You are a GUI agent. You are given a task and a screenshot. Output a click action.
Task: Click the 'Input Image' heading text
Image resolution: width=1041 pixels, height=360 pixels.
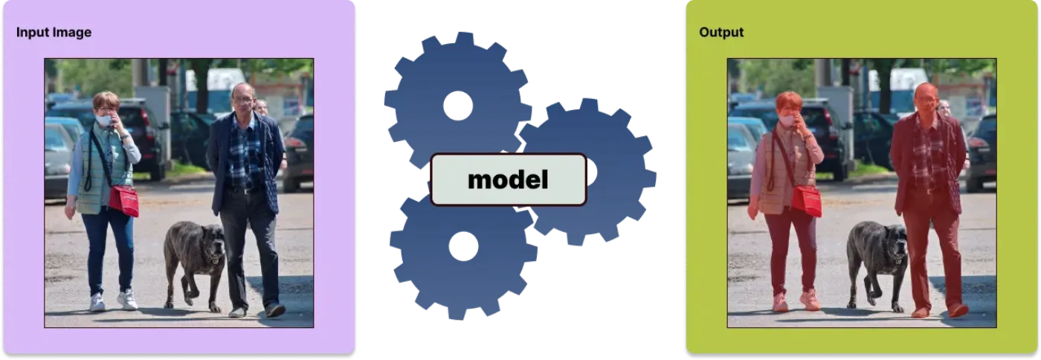coord(54,32)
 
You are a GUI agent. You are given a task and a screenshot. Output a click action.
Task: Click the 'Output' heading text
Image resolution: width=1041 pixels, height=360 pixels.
coord(721,32)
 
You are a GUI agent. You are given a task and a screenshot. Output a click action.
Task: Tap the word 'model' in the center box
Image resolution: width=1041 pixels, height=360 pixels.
coord(508,179)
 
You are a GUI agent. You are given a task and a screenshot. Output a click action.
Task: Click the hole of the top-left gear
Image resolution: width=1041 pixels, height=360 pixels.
coord(458,106)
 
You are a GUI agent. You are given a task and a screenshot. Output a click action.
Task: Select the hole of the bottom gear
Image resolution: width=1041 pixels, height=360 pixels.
coord(463,246)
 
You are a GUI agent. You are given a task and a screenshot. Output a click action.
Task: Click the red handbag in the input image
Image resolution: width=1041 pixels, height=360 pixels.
coord(123,200)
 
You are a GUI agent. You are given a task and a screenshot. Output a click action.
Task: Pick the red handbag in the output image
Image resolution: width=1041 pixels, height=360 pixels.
coord(807,200)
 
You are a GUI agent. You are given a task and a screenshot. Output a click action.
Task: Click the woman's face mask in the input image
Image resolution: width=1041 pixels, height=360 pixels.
coord(103,120)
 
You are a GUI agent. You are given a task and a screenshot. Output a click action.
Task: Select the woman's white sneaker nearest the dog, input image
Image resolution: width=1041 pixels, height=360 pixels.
coord(127,300)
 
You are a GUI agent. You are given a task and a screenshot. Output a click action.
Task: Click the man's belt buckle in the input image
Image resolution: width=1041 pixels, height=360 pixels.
coord(244,190)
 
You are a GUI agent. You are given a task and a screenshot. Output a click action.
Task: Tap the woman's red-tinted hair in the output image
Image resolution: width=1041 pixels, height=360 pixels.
coord(789,100)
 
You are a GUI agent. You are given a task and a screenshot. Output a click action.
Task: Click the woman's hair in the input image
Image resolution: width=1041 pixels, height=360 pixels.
coord(106,100)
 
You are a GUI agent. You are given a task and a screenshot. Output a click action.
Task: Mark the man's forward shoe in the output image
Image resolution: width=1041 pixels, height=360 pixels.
coord(958,310)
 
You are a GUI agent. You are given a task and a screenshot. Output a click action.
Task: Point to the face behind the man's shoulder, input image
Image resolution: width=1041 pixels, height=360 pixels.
coord(262,107)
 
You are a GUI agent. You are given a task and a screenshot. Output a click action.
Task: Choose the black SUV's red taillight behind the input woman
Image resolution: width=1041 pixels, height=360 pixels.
coord(144,118)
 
